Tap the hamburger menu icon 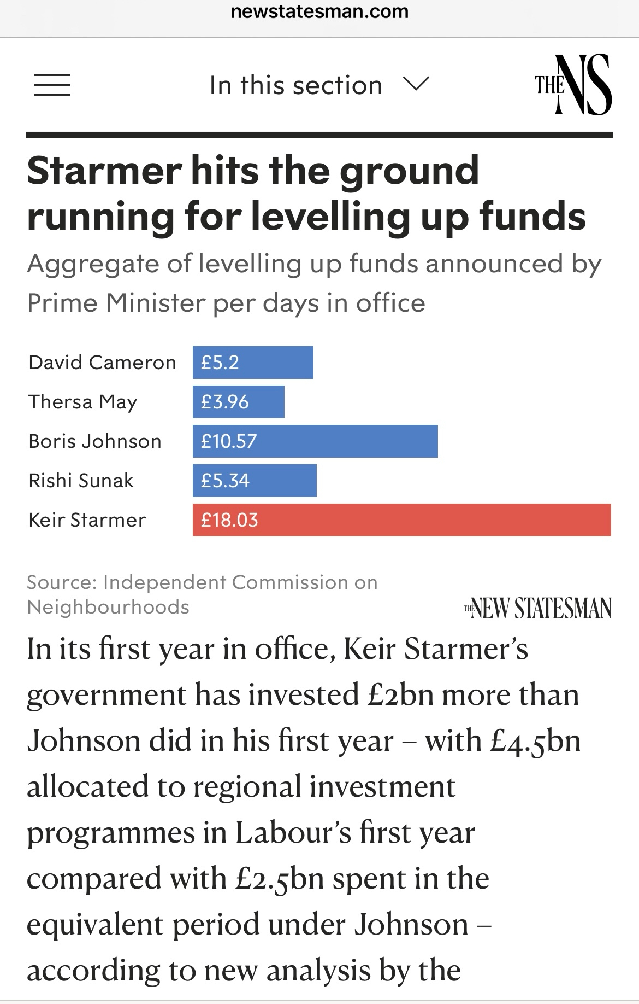52,85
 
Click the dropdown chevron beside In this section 416,84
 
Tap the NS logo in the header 573,85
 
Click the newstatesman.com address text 319,11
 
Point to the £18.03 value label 229,520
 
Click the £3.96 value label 224,402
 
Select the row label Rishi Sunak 81,481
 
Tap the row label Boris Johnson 95,441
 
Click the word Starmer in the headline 104,170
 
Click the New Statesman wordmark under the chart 537,608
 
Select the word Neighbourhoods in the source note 108,607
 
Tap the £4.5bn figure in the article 535,742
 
